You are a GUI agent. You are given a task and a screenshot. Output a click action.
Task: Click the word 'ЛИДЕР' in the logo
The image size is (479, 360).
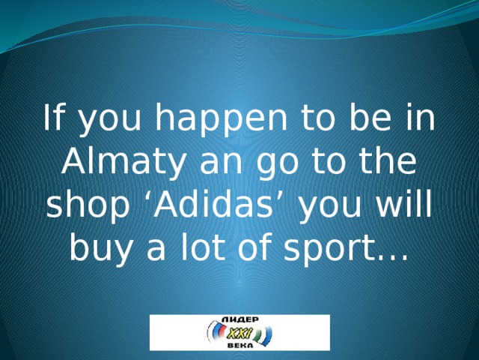240,319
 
